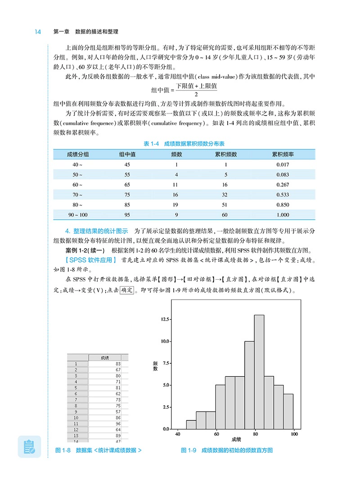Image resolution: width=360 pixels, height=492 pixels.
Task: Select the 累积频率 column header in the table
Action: [283, 154]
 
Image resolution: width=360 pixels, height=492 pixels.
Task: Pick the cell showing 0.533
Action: [283, 195]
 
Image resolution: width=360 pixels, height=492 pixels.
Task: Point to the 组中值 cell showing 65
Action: [127, 184]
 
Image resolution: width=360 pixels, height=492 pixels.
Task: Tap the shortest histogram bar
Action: [191, 425]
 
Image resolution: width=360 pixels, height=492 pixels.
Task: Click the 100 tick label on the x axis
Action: [294, 434]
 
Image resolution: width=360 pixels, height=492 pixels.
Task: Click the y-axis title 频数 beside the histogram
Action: [155, 365]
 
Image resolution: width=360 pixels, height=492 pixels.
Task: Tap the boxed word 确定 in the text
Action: [127, 291]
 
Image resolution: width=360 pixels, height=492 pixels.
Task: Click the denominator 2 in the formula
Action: [196, 94]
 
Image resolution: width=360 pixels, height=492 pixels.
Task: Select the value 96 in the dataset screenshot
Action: [118, 423]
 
